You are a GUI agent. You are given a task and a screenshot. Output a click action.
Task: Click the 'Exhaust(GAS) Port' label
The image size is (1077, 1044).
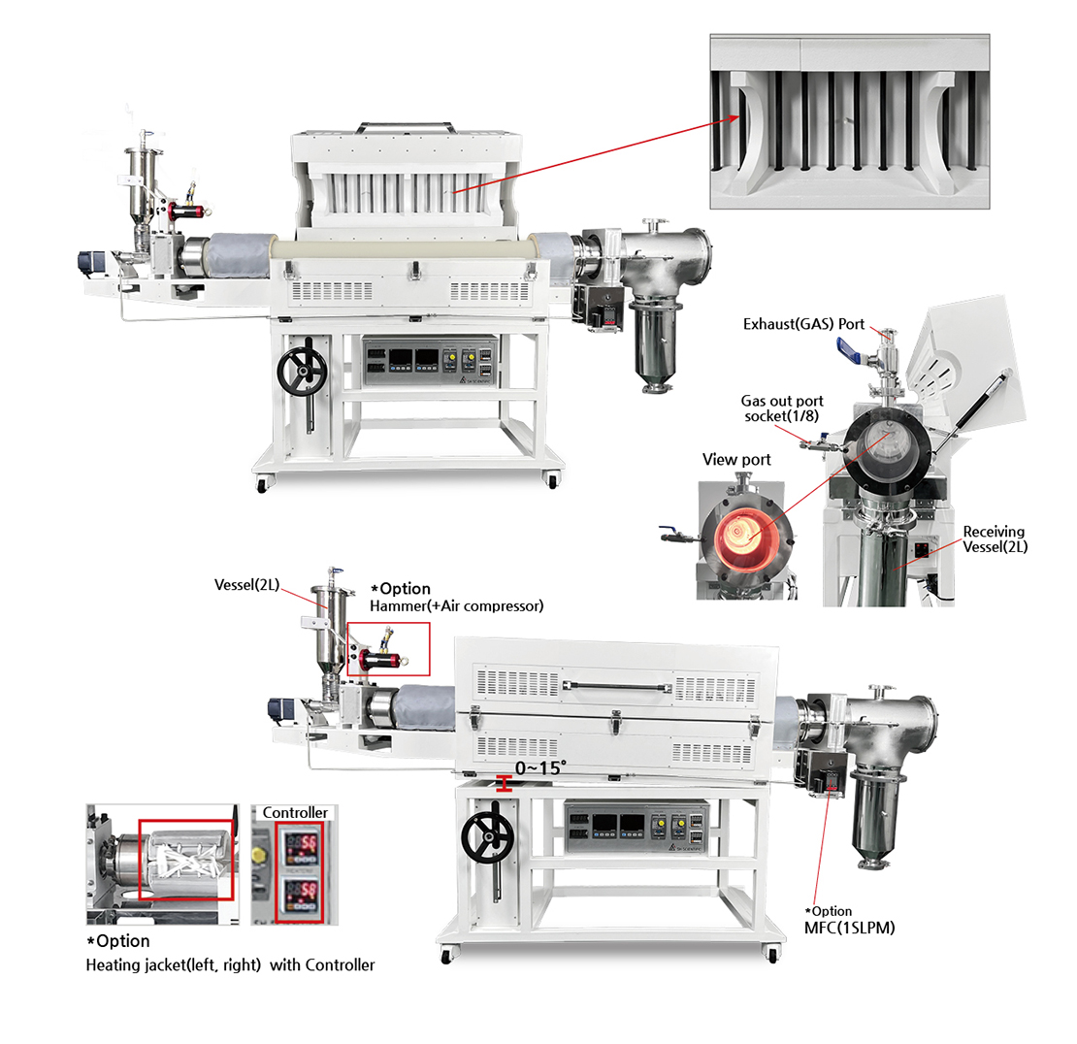click(x=803, y=324)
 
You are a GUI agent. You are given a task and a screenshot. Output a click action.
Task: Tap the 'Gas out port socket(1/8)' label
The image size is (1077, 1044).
click(x=782, y=408)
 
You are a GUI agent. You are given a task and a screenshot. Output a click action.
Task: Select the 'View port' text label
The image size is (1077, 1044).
click(x=736, y=460)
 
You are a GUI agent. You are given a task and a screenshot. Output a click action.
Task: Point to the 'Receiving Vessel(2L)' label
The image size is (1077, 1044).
click(x=995, y=539)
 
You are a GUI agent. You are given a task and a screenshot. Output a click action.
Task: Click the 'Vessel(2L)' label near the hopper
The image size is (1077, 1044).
click(x=247, y=584)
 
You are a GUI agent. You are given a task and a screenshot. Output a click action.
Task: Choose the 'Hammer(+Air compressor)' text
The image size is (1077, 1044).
click(x=457, y=605)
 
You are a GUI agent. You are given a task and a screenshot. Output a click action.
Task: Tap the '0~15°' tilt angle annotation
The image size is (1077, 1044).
click(x=540, y=767)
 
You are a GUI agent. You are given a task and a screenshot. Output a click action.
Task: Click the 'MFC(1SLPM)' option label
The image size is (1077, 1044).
click(x=850, y=928)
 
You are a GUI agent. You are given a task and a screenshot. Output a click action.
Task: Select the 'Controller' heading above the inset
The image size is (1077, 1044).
click(x=295, y=812)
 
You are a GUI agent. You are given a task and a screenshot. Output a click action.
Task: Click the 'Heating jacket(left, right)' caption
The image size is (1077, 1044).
click(x=173, y=965)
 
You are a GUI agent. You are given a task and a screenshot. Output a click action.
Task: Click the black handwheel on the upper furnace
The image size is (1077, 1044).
click(x=302, y=371)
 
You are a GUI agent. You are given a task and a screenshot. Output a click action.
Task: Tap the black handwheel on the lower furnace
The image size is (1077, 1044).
click(x=487, y=838)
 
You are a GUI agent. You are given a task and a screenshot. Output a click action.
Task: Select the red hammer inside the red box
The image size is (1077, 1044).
click(x=379, y=660)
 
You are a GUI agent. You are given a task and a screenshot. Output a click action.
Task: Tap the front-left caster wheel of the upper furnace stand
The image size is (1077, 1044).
click(x=262, y=484)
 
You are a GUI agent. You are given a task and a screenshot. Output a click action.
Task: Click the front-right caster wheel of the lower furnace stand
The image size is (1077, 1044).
click(x=772, y=954)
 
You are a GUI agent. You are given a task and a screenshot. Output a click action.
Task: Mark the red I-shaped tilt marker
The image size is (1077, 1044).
click(x=505, y=784)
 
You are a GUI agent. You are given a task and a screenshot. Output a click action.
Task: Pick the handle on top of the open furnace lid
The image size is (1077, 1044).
click(x=406, y=126)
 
